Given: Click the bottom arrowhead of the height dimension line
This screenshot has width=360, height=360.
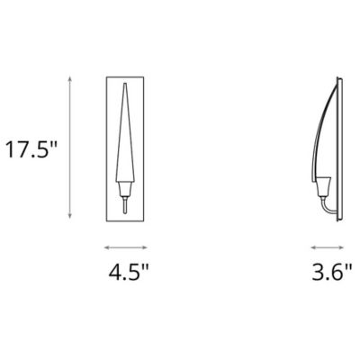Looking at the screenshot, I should [x=71, y=217].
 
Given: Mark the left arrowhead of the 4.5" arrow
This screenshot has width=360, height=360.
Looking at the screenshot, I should [x=106, y=246].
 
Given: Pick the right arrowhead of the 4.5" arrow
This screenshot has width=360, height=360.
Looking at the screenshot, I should [x=148, y=246].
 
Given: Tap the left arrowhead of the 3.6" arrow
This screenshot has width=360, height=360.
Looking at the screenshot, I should [x=310, y=246].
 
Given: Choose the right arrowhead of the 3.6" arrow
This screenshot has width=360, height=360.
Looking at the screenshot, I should [x=345, y=246].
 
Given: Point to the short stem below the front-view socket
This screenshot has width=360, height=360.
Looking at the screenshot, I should [x=126, y=206].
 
